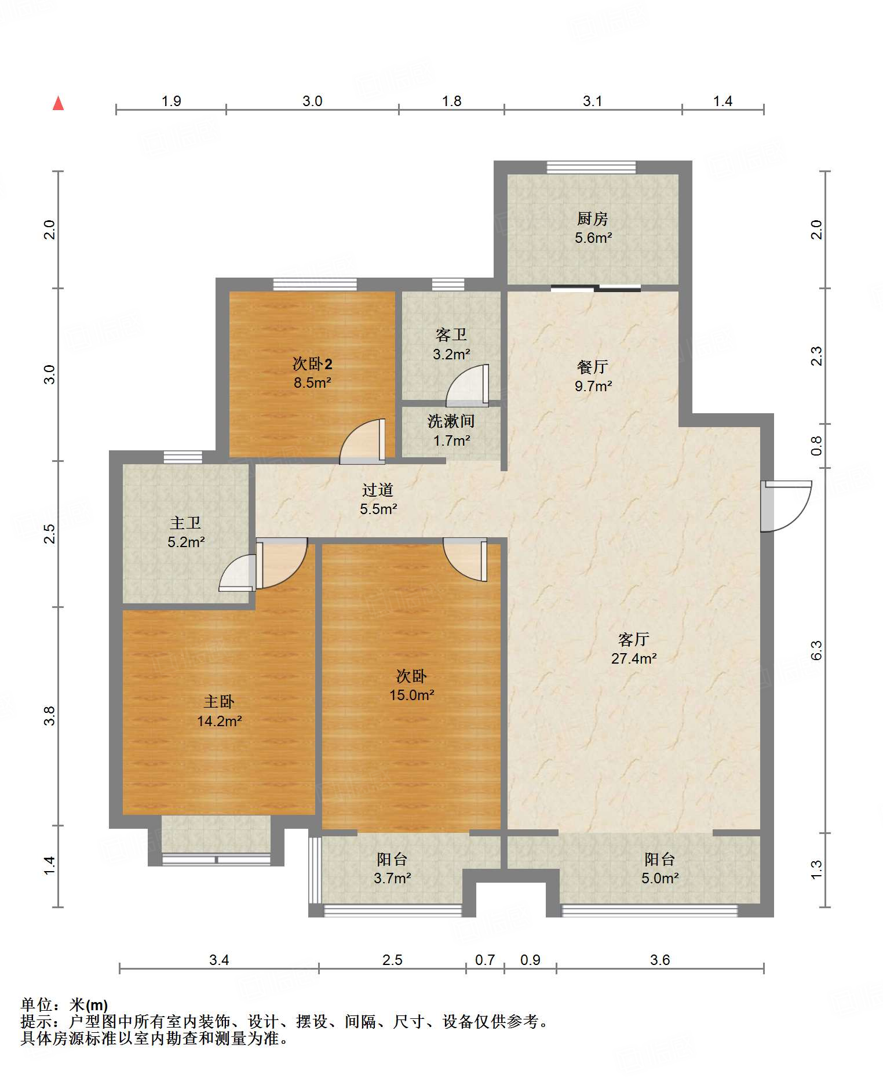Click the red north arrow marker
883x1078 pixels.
[x=58, y=103]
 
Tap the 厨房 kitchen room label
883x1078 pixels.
[x=592, y=218]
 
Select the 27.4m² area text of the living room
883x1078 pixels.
[x=634, y=658]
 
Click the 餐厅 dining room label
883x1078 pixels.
[x=592, y=367]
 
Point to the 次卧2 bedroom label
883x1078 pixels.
[x=312, y=364]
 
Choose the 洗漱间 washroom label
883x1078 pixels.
[x=451, y=421]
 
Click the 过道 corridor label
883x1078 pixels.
[x=378, y=490]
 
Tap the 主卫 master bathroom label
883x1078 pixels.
[x=185, y=523]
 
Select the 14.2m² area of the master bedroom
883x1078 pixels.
[x=220, y=721]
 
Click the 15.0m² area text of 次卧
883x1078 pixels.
[x=412, y=695]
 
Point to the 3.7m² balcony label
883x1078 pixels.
[x=392, y=878]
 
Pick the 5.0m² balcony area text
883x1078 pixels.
[x=660, y=878]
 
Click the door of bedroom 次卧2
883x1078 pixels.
[x=362, y=442]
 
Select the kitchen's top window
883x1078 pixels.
[x=591, y=167]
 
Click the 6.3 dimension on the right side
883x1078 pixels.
[x=816, y=650]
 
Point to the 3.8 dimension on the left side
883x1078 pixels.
[x=50, y=716]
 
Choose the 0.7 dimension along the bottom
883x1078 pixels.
[x=485, y=960]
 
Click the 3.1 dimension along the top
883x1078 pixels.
[x=592, y=101]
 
